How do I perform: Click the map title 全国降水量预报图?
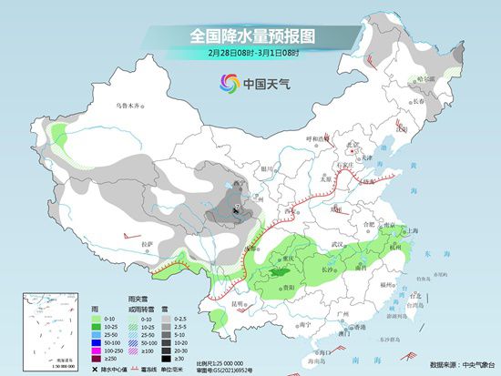point(250,36)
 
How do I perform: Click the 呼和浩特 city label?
point(315,138)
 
